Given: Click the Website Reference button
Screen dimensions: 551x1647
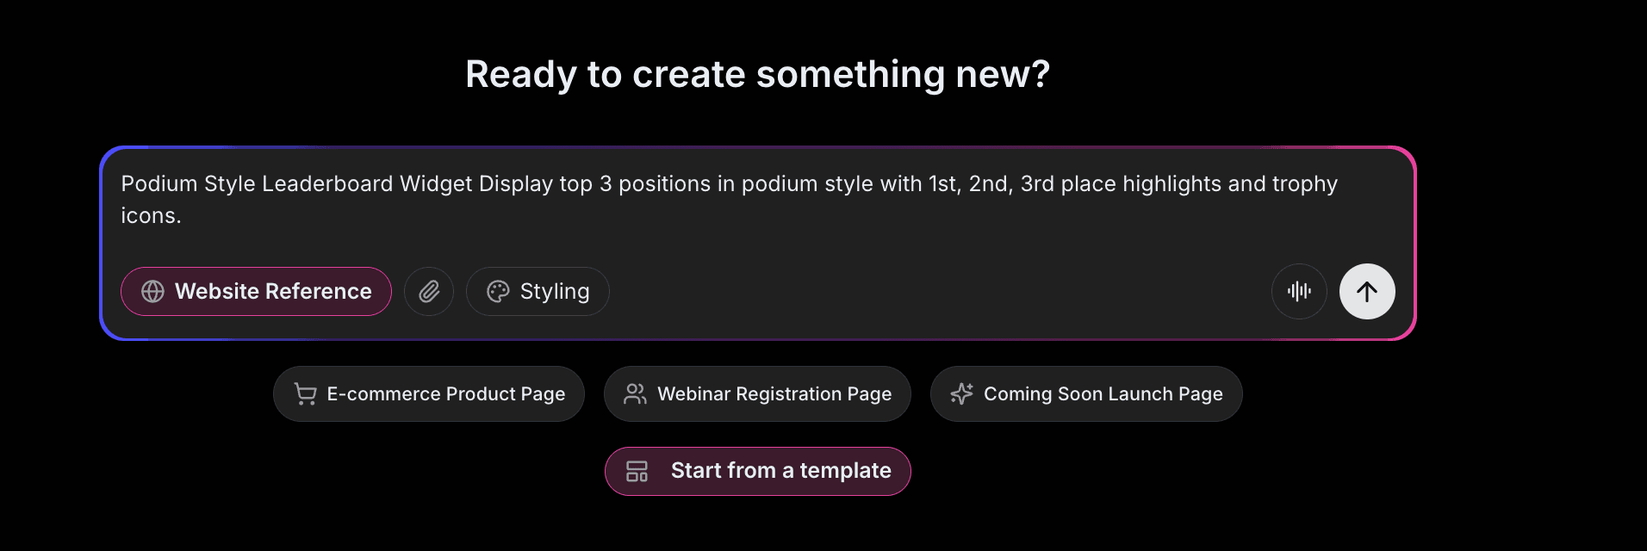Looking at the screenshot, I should [256, 292].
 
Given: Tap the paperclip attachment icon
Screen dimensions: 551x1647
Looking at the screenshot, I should [429, 292].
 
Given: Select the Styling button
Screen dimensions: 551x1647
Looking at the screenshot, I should [538, 292].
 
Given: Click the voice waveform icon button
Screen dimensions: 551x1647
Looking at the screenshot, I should [1299, 292].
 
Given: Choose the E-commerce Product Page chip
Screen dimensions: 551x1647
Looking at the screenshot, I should [429, 394].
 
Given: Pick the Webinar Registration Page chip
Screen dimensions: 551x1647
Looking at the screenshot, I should [757, 394].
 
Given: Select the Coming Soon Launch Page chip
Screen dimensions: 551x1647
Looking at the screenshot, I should [1086, 394].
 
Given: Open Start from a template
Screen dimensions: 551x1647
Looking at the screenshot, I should [758, 471].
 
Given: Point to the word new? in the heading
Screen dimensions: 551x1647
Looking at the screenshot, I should [1003, 75].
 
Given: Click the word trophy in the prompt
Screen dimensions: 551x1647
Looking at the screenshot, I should [1305, 184].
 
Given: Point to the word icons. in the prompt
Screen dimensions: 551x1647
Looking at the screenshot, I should [151, 216].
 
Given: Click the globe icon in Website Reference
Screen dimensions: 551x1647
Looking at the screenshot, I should [153, 292].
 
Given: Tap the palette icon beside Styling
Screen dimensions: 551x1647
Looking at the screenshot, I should [498, 292].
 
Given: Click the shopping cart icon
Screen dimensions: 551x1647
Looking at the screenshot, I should [305, 394].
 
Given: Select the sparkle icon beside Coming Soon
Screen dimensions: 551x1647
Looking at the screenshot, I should [961, 394].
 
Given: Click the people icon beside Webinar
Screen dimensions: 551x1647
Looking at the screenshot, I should [635, 394].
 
